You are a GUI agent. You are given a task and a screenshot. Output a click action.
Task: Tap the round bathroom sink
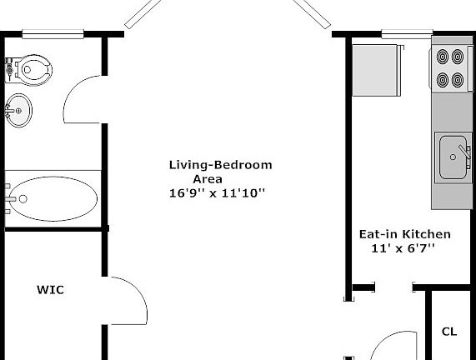click(18, 107)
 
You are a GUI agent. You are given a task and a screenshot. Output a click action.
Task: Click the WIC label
click(50, 291)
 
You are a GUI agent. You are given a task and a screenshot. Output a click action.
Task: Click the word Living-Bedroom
click(220, 164)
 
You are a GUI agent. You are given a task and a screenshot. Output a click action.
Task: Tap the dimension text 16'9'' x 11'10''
click(217, 192)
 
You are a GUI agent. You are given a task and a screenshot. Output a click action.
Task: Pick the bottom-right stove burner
click(458, 80)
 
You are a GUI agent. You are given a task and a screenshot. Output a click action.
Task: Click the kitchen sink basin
click(452, 157)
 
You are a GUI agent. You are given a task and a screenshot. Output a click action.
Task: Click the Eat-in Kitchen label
click(404, 234)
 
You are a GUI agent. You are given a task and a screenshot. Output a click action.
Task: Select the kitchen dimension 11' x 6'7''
click(403, 248)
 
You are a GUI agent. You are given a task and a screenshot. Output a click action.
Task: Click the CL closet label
click(449, 332)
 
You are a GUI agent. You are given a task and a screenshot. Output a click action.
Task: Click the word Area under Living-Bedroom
click(208, 178)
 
